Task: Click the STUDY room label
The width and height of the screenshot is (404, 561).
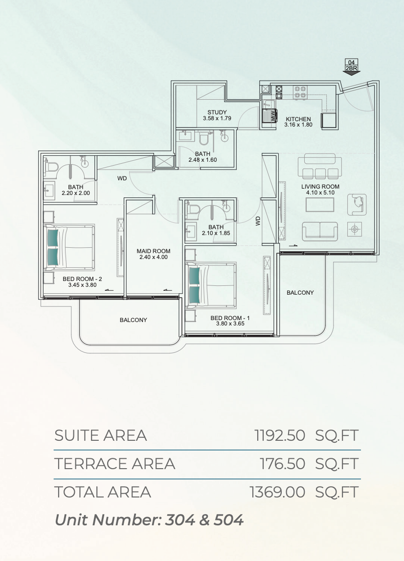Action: [x=217, y=112]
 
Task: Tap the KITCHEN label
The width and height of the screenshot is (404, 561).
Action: [x=298, y=119]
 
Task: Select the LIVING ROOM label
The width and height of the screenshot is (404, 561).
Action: [x=320, y=186]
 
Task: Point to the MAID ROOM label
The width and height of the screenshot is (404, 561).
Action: [x=153, y=251]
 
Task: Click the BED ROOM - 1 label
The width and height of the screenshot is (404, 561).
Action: [x=230, y=318]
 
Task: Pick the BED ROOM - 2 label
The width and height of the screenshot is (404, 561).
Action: [x=82, y=279]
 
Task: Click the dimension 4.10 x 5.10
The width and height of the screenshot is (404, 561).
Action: [x=320, y=193]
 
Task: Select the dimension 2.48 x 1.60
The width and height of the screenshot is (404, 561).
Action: [x=202, y=160]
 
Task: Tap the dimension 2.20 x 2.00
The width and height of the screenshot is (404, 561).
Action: [x=76, y=193]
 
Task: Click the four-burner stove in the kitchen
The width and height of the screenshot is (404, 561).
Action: [x=300, y=92]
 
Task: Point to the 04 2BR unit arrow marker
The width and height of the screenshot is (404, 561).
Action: [x=351, y=67]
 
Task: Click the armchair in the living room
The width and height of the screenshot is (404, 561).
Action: [x=357, y=205]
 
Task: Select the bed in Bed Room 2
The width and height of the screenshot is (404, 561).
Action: [x=69, y=247]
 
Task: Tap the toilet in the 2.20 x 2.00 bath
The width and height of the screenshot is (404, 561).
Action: [x=52, y=167]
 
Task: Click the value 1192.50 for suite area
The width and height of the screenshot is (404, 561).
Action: [x=280, y=435]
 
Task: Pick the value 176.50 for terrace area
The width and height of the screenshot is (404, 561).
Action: [x=283, y=464]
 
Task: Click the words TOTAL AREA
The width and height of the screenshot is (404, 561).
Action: [x=103, y=492]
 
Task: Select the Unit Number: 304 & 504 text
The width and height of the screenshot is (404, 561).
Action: [x=149, y=520]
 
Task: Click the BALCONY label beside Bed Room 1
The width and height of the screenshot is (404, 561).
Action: [x=300, y=293]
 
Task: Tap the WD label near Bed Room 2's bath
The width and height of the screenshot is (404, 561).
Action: [x=122, y=178]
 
